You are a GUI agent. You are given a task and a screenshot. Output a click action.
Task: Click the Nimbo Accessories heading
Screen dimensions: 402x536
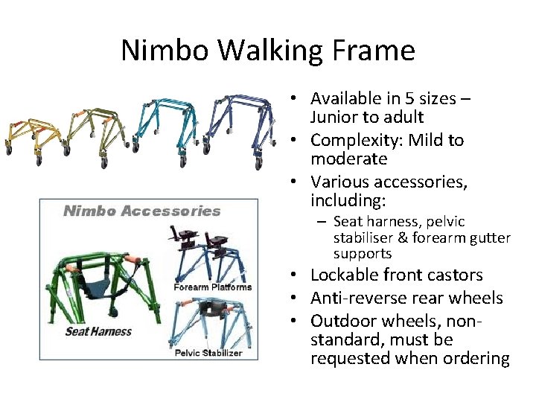pyautogui.click(x=141, y=211)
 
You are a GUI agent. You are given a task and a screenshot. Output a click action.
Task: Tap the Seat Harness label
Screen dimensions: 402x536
pyautogui.click(x=98, y=331)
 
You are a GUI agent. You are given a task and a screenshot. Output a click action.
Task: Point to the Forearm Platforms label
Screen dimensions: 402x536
pyautogui.click(x=213, y=287)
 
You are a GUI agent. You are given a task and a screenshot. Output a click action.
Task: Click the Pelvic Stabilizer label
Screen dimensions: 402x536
pyautogui.click(x=208, y=352)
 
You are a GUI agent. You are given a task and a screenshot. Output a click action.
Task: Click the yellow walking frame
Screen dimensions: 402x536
pyautogui.click(x=30, y=134)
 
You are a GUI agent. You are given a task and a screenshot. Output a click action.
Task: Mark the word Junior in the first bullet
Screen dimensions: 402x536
pyautogui.click(x=335, y=118)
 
